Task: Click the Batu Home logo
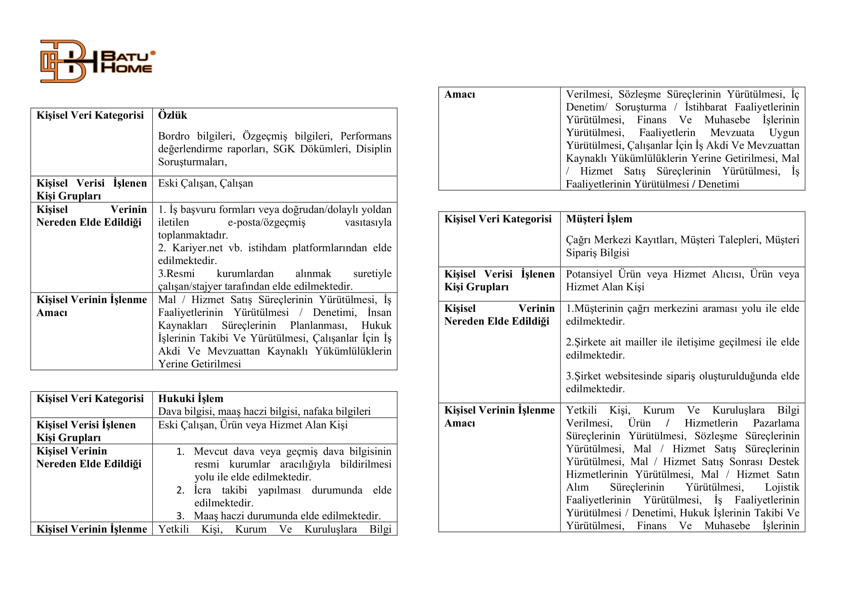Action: pos(97,61)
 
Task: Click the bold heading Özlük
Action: pos(172,115)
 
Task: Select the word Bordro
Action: pos(174,136)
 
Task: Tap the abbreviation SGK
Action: pos(284,149)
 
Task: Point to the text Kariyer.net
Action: pos(197,248)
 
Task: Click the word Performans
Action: pos(365,136)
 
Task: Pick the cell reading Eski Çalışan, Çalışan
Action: pos(205,183)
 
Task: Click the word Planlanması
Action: pos(318,325)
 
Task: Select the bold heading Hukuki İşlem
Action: pos(191,399)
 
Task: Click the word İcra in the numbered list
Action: pos(202,490)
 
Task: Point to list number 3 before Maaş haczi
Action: pos(181,516)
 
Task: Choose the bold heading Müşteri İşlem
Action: pos(599,219)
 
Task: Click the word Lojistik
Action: pos(782,487)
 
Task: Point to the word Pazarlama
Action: pos(776,423)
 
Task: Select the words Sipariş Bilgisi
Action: pos(597,253)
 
